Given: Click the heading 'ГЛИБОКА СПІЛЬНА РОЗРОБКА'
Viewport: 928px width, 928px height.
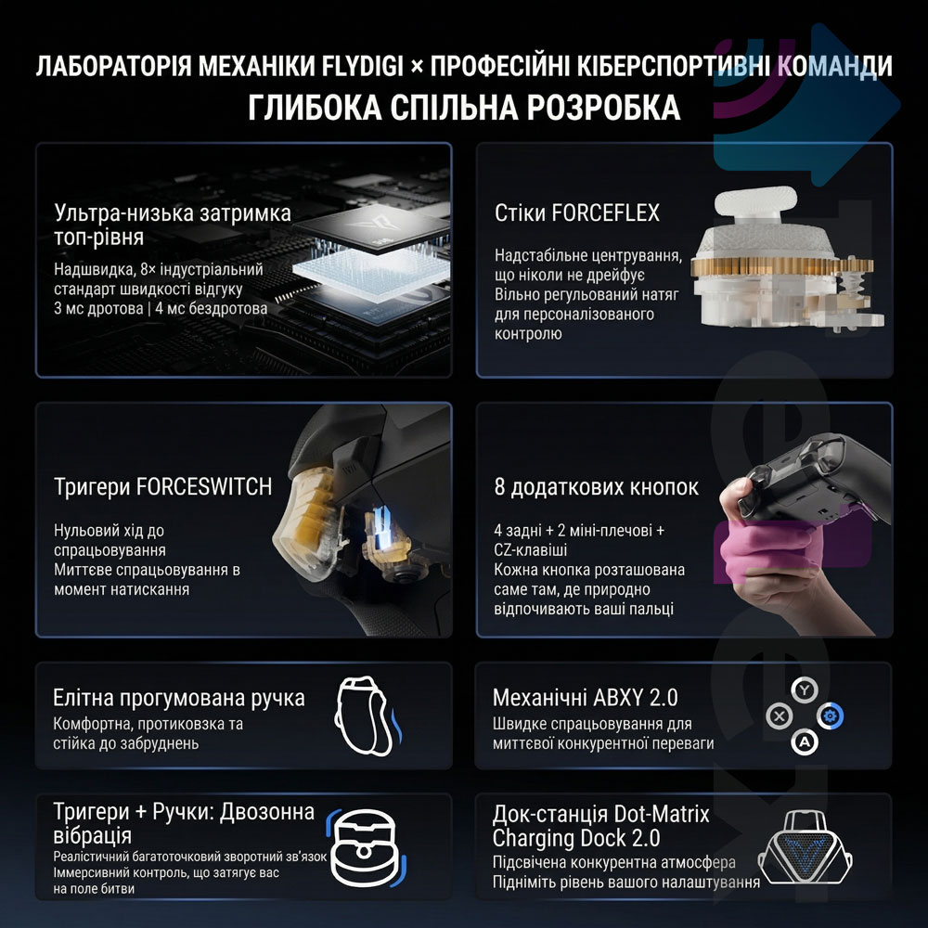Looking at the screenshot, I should (x=464, y=107).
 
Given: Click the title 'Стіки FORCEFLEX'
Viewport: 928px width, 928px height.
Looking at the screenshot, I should (x=577, y=213).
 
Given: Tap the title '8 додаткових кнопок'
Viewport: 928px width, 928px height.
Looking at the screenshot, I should (x=597, y=487).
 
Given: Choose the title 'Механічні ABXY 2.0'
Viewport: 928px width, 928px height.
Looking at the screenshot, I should (x=586, y=697).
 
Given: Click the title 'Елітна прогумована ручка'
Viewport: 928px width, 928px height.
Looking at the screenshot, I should (x=179, y=697).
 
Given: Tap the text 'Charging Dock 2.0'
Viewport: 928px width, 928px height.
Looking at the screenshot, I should (x=576, y=838).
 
